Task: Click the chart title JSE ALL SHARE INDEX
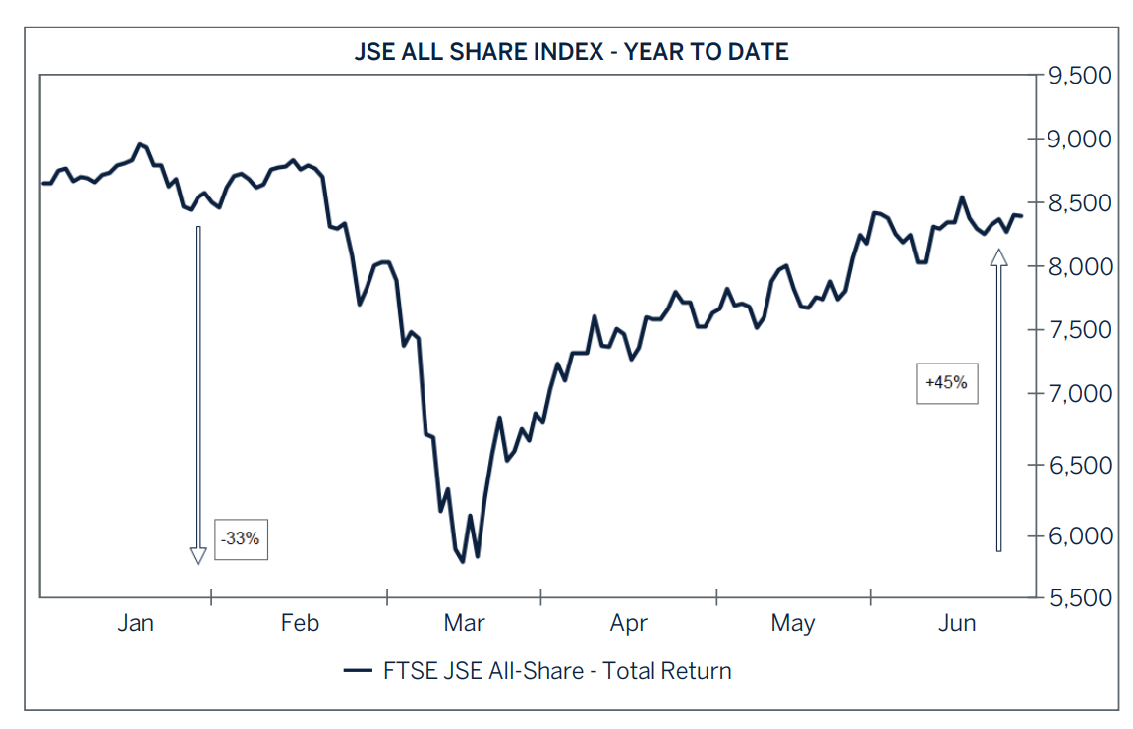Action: (x=571, y=52)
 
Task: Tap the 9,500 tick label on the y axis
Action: (x=1079, y=76)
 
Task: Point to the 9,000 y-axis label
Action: (x=1079, y=140)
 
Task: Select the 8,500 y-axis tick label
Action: (x=1079, y=203)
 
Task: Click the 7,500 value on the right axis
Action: (x=1079, y=330)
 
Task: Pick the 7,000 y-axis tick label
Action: (x=1079, y=394)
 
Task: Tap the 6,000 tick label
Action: (x=1079, y=535)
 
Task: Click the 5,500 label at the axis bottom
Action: (x=1079, y=598)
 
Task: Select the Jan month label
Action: (x=136, y=622)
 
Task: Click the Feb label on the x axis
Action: (x=300, y=622)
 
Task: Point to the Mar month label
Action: (x=464, y=622)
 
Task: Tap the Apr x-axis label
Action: (x=629, y=622)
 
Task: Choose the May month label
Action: (x=793, y=622)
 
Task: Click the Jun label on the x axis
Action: (x=957, y=622)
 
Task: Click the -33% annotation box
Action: (x=242, y=539)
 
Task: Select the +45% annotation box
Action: (x=946, y=383)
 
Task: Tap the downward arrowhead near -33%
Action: (x=198, y=556)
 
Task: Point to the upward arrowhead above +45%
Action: (x=999, y=257)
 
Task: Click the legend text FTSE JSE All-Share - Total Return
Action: (x=557, y=671)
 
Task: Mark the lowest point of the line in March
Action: (x=462, y=562)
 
